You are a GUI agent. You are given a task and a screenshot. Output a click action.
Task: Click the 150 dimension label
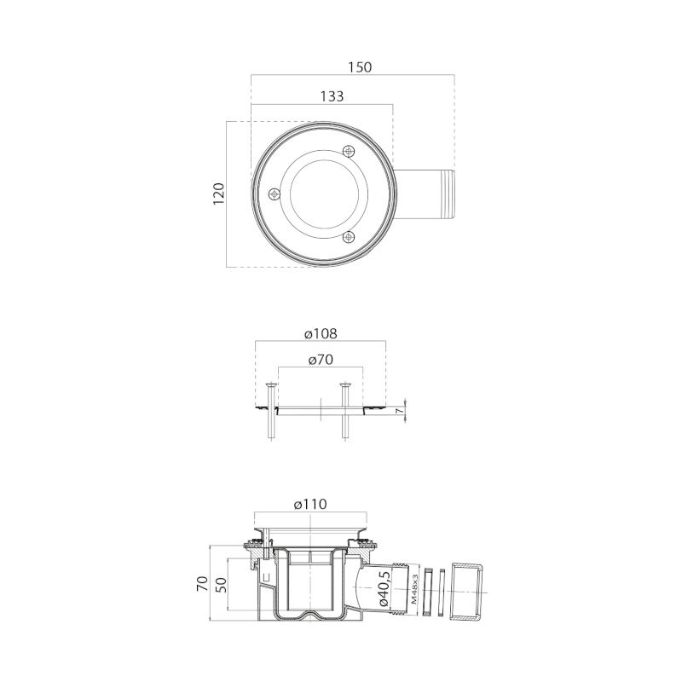[360, 67]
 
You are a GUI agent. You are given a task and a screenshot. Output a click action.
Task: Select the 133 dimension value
[332, 96]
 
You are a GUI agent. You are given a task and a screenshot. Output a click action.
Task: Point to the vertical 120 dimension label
[219, 194]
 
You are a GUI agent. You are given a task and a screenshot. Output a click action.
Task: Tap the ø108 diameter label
[321, 333]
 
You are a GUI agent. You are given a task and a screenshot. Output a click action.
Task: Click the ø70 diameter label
[321, 360]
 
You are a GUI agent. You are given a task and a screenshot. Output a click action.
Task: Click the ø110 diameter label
[310, 504]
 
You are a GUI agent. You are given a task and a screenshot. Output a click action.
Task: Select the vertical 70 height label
[202, 584]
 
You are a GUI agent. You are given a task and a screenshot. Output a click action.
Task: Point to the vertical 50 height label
[221, 584]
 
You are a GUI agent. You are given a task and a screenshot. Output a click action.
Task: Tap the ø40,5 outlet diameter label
[384, 588]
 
